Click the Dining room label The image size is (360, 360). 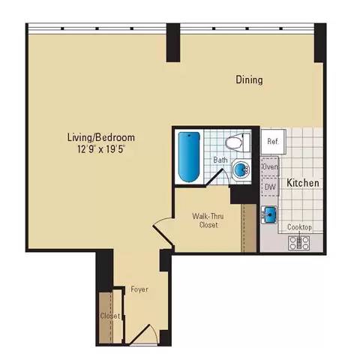coord(249,80)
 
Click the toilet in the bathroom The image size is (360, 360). coord(239,142)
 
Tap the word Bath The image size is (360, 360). coord(220,160)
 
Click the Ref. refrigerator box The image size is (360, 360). coord(270,141)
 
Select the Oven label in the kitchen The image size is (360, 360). coord(270,166)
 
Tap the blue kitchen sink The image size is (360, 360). coord(270,215)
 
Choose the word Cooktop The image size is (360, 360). coord(300,227)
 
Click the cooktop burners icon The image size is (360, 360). coord(299,241)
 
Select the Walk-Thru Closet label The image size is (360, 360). coord(204,220)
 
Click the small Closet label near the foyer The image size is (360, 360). coord(109,316)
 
